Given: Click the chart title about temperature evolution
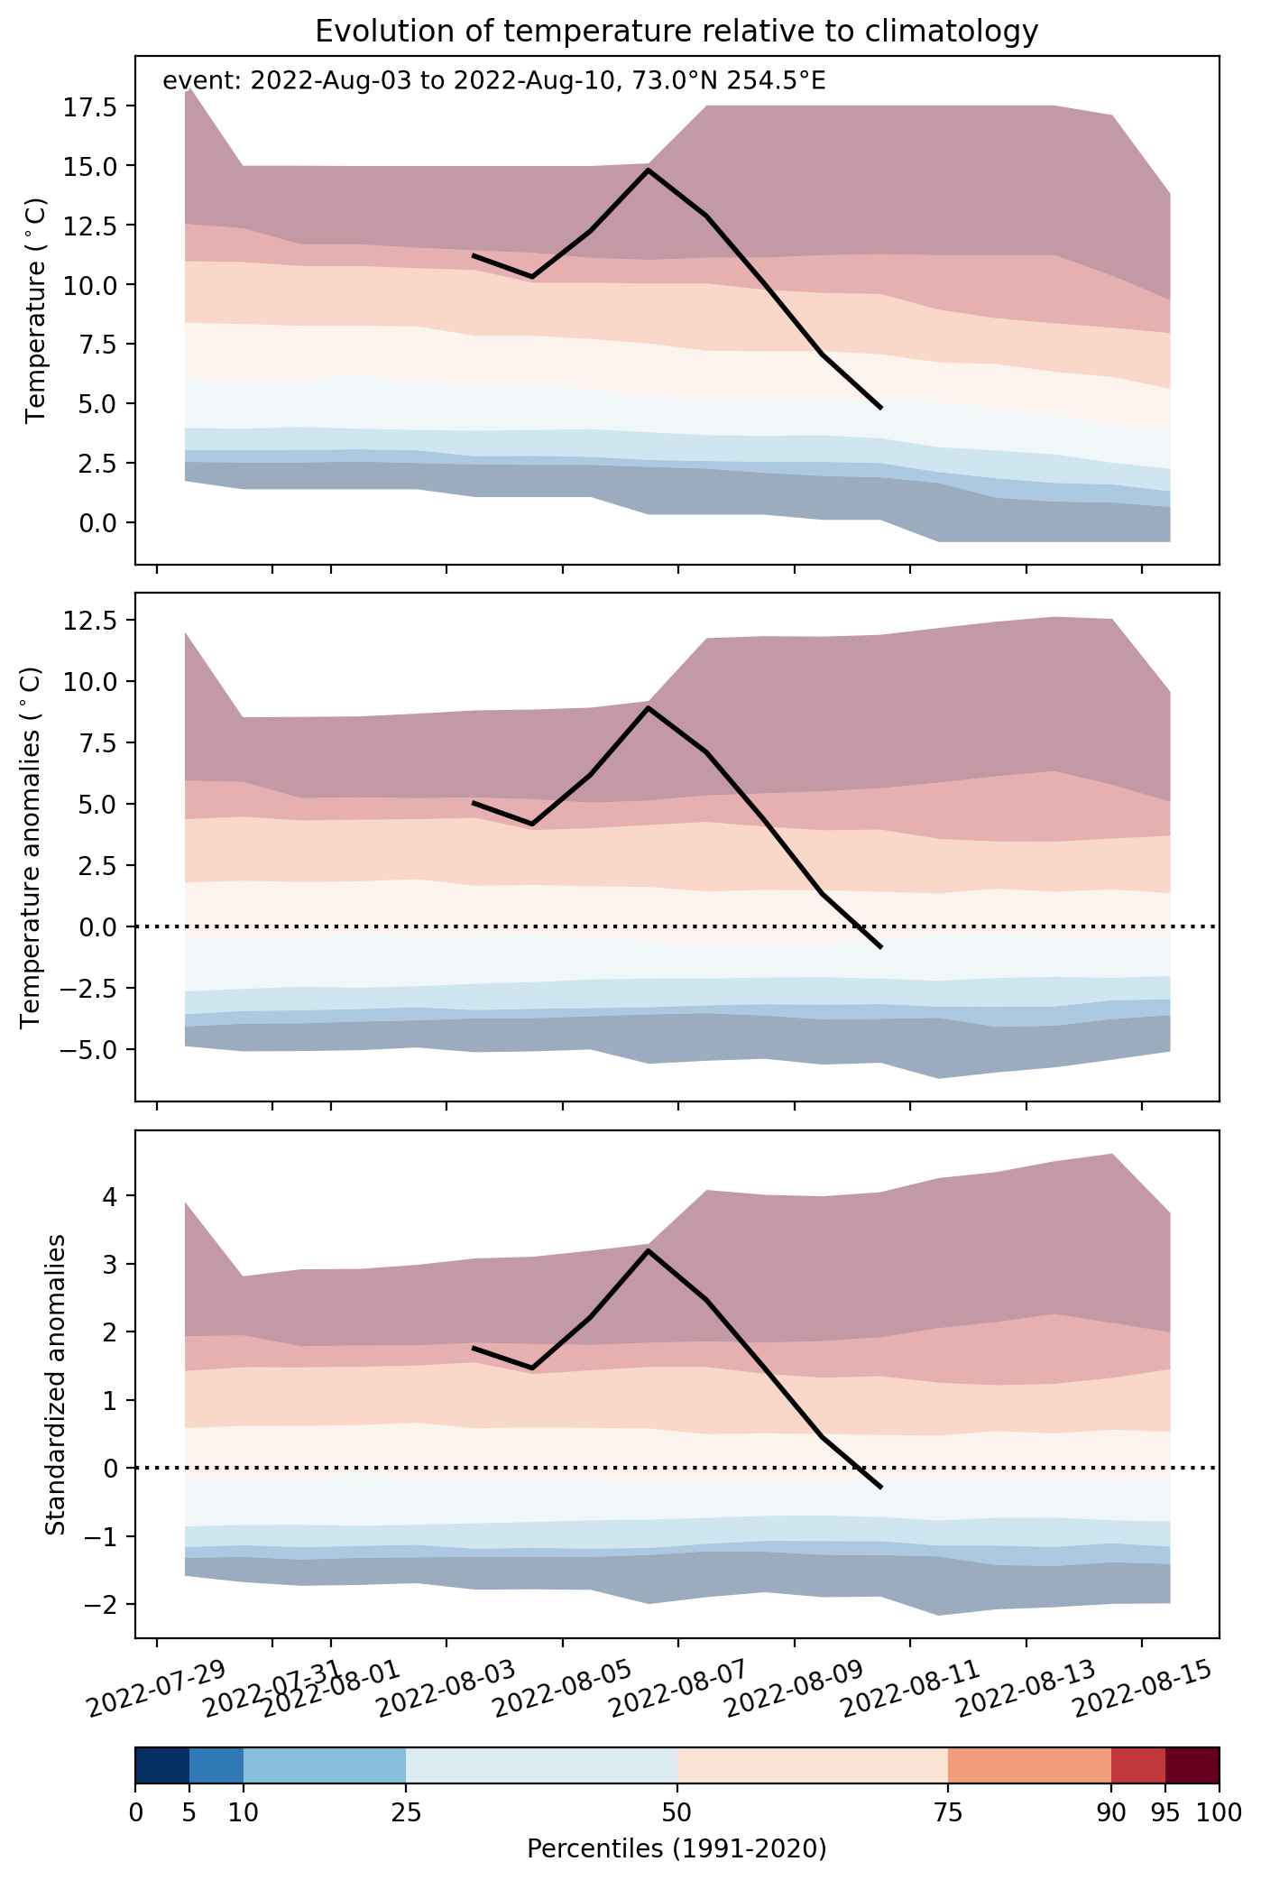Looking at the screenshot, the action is [677, 32].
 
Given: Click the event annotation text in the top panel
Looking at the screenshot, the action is [494, 81].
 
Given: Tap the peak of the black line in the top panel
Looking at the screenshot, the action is [649, 170].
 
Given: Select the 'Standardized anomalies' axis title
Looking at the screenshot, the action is [56, 1384].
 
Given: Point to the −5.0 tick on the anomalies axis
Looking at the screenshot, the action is [84, 1049].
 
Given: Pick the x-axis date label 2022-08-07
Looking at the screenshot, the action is [679, 1685].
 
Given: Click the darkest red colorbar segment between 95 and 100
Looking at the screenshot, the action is [1192, 1766].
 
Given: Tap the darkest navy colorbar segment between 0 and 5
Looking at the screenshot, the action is [162, 1766].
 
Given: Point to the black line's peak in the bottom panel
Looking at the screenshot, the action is [649, 1250].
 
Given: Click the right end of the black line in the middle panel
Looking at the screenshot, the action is [881, 947].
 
